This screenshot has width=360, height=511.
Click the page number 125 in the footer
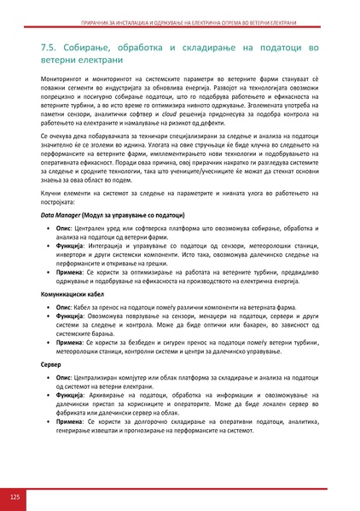click(15, 496)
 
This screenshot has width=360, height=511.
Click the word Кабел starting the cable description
click(86, 304)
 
